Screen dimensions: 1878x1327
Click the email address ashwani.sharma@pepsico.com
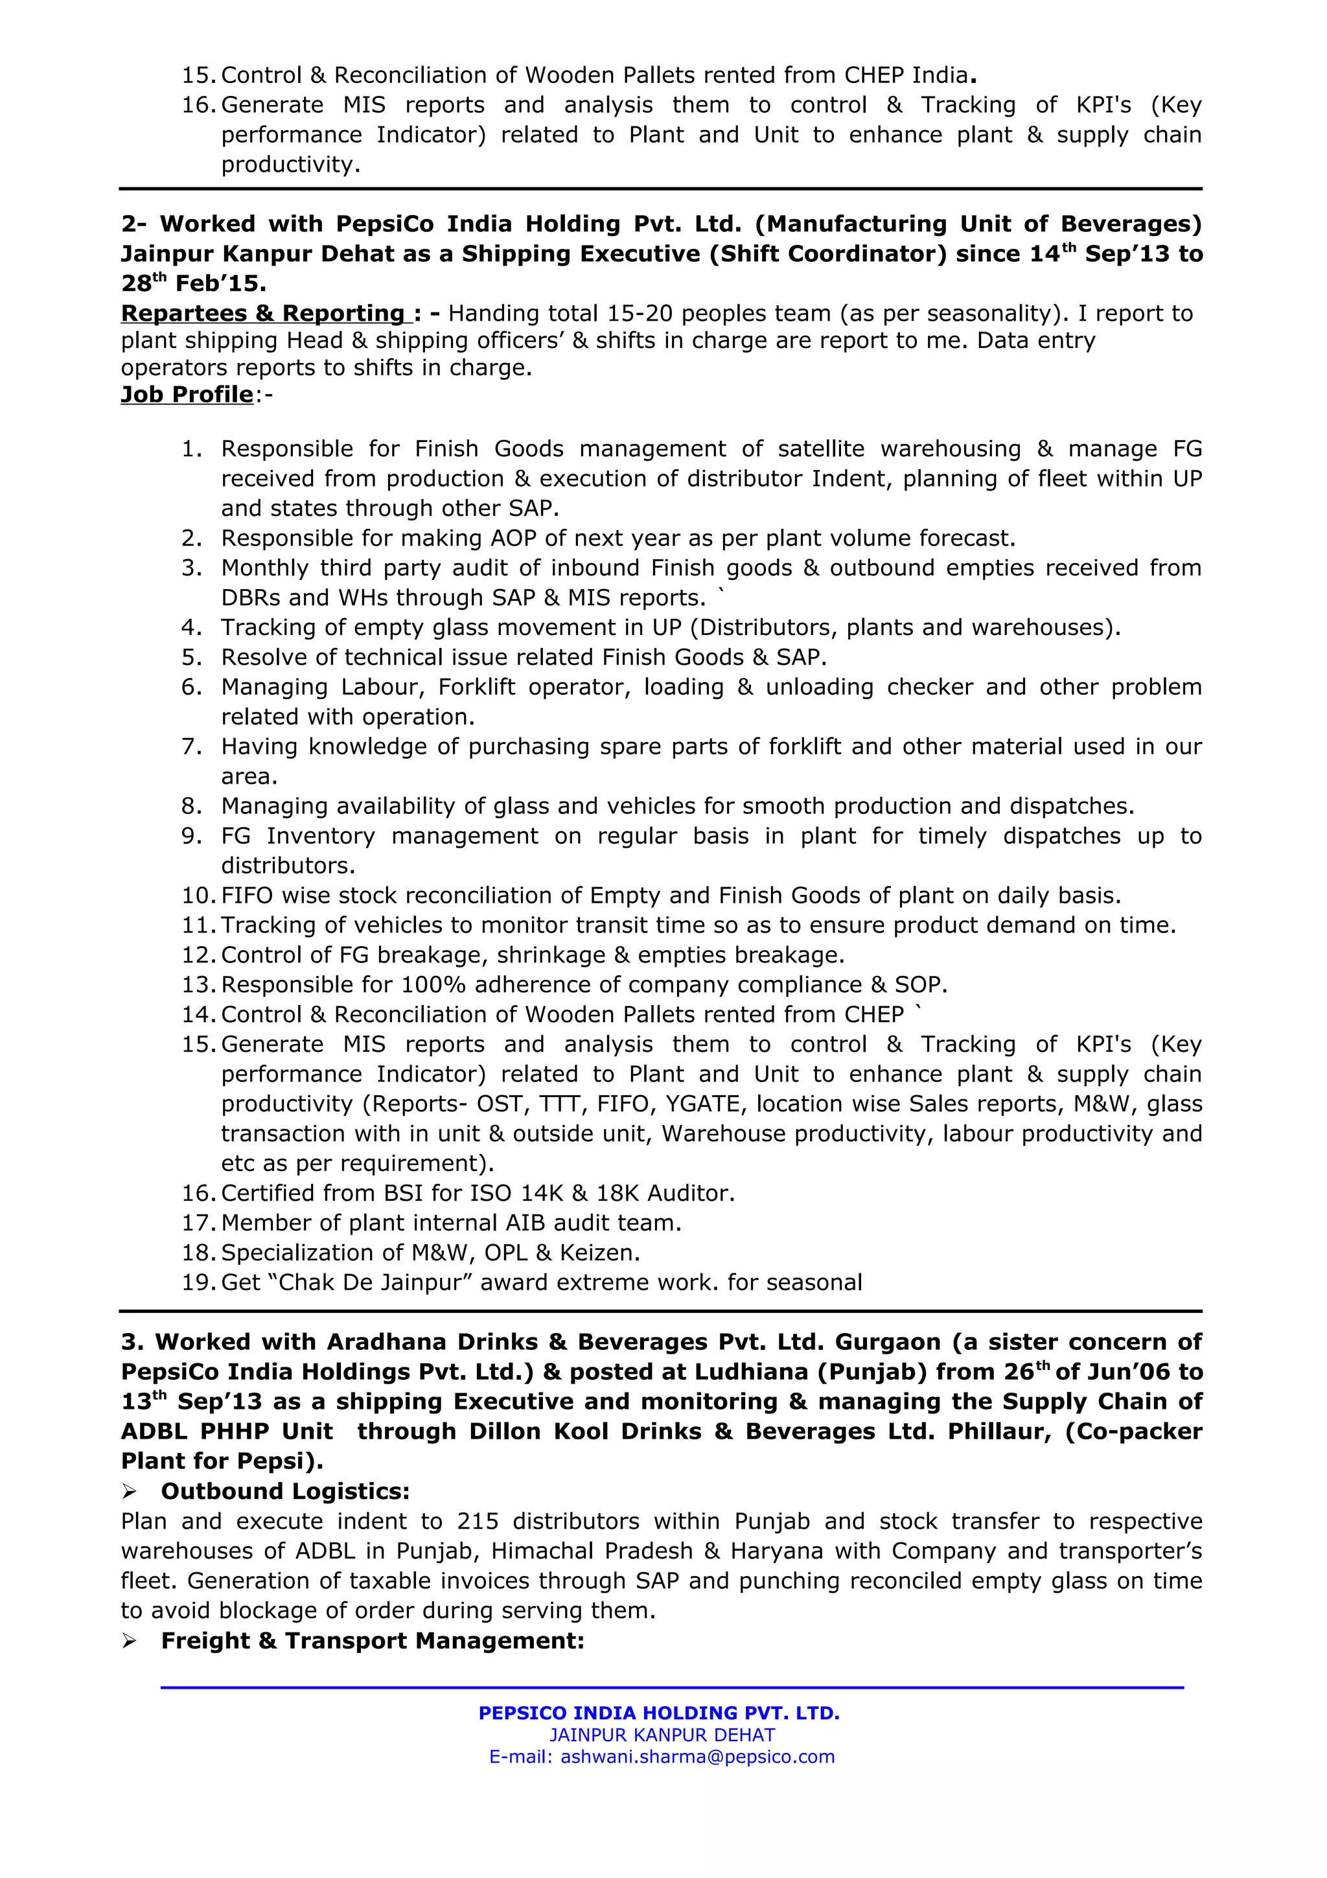point(697,1757)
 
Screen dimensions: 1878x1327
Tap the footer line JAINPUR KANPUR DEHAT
point(662,1735)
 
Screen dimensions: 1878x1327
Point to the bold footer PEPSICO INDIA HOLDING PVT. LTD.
point(659,1713)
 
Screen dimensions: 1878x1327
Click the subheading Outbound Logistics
point(284,1491)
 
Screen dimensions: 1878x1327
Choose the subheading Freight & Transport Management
point(372,1640)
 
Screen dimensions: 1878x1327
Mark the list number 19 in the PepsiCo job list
point(197,1282)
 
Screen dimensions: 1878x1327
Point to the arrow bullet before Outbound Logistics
point(129,1492)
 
